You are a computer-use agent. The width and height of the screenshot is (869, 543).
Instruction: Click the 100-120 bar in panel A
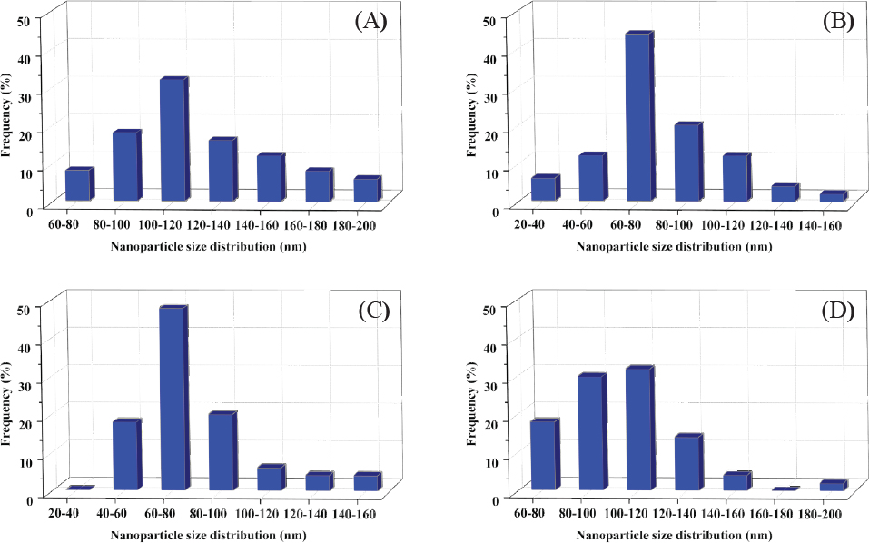point(173,140)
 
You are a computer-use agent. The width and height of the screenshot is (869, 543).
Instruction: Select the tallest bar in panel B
point(639,116)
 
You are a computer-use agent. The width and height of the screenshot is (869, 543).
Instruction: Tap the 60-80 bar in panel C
point(173,399)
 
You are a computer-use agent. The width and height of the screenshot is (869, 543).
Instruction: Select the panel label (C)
point(372,311)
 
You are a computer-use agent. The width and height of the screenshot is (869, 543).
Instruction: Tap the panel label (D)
point(838,311)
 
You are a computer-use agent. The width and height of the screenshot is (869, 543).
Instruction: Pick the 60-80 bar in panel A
point(78,184)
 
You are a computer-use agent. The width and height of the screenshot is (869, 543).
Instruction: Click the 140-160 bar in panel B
point(833,196)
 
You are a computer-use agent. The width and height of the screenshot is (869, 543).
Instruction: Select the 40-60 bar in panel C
point(126,453)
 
